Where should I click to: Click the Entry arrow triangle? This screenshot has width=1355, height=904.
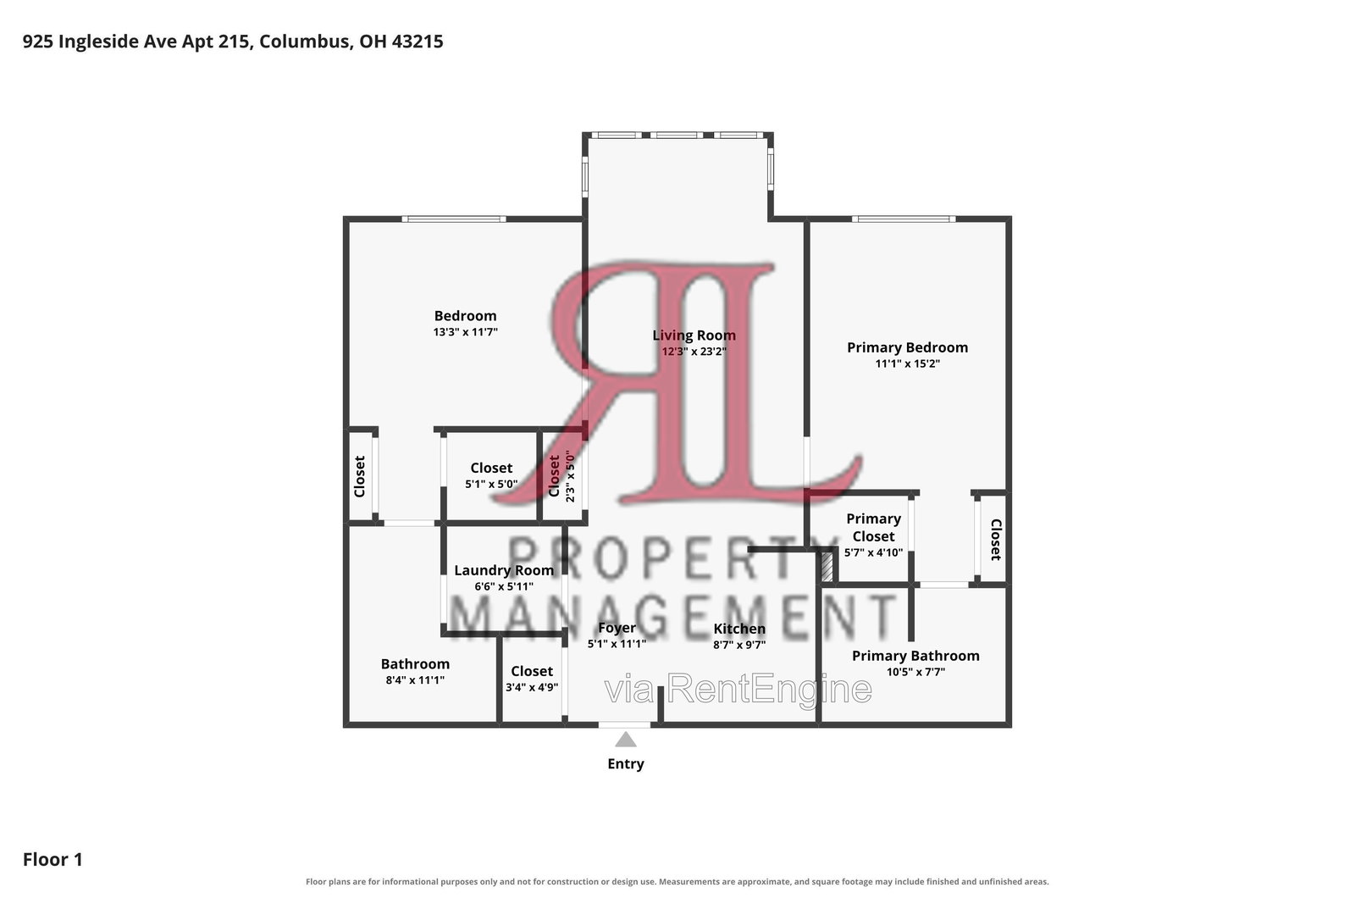pyautogui.click(x=626, y=740)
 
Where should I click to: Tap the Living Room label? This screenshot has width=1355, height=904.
pyautogui.click(x=694, y=336)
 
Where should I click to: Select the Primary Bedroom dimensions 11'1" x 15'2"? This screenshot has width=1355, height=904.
pyautogui.click(x=907, y=363)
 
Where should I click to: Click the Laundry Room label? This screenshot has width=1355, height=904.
pyautogui.click(x=504, y=570)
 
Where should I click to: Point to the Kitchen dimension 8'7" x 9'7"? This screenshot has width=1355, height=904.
pyautogui.click(x=739, y=645)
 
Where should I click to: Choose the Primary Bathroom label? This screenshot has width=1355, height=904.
pyautogui.click(x=915, y=655)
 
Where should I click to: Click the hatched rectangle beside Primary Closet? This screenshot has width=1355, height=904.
pyautogui.click(x=827, y=565)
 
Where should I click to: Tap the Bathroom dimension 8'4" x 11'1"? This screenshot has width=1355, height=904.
pyautogui.click(x=415, y=680)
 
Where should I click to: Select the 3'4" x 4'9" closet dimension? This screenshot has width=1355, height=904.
pyautogui.click(x=532, y=687)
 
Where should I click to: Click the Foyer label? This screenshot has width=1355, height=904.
pyautogui.click(x=617, y=628)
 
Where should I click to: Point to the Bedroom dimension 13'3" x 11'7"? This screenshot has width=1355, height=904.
pyautogui.click(x=465, y=332)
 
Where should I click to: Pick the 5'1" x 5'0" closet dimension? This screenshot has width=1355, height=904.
pyautogui.click(x=491, y=484)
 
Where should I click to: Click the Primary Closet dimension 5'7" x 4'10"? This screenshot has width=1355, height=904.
pyautogui.click(x=873, y=552)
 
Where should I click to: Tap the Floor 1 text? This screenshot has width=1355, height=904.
pyautogui.click(x=53, y=859)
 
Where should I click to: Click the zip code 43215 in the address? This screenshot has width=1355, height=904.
pyautogui.click(x=418, y=42)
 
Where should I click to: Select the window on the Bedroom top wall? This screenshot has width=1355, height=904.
pyautogui.click(x=454, y=219)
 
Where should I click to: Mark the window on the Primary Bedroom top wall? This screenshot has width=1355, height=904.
pyautogui.click(x=904, y=219)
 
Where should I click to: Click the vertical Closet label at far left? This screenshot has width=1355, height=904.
pyautogui.click(x=359, y=477)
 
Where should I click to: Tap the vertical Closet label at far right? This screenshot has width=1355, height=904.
pyautogui.click(x=996, y=540)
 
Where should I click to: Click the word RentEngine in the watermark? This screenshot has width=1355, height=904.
pyautogui.click(x=769, y=689)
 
